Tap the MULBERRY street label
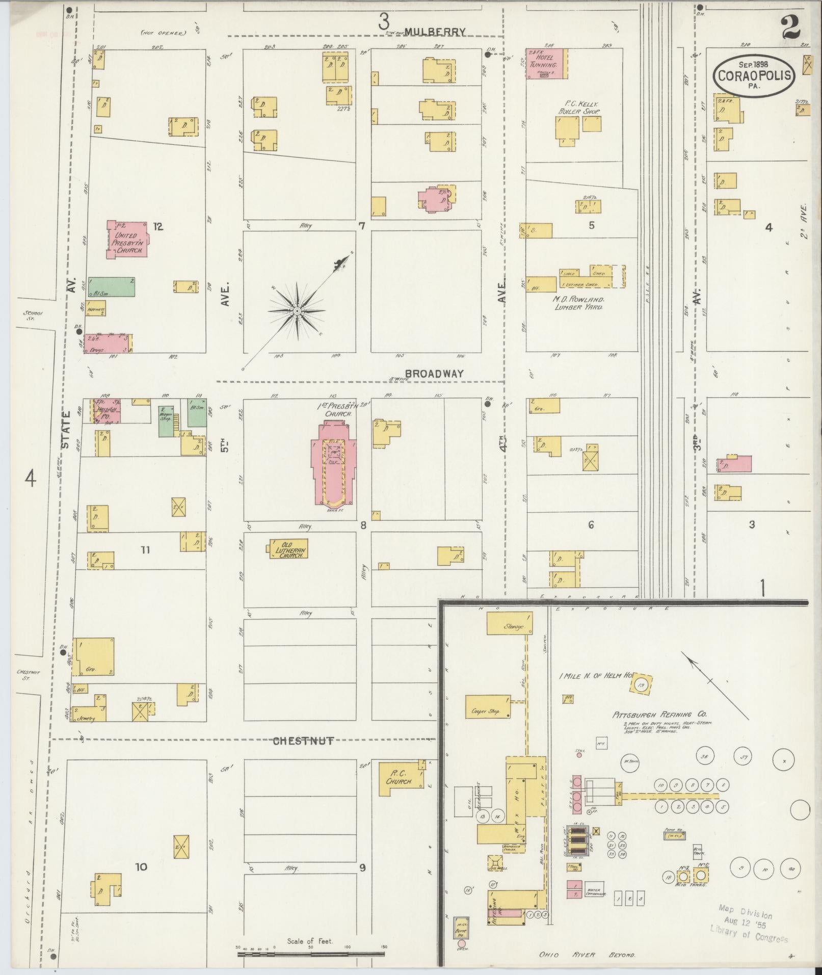pos(439,32)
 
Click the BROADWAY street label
pos(434,374)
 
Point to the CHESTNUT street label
pos(303,741)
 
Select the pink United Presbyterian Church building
pos(127,240)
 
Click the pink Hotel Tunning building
pos(546,64)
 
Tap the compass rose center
pos(297,310)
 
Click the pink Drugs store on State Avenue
pos(107,344)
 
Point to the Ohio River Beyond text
pos(587,955)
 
